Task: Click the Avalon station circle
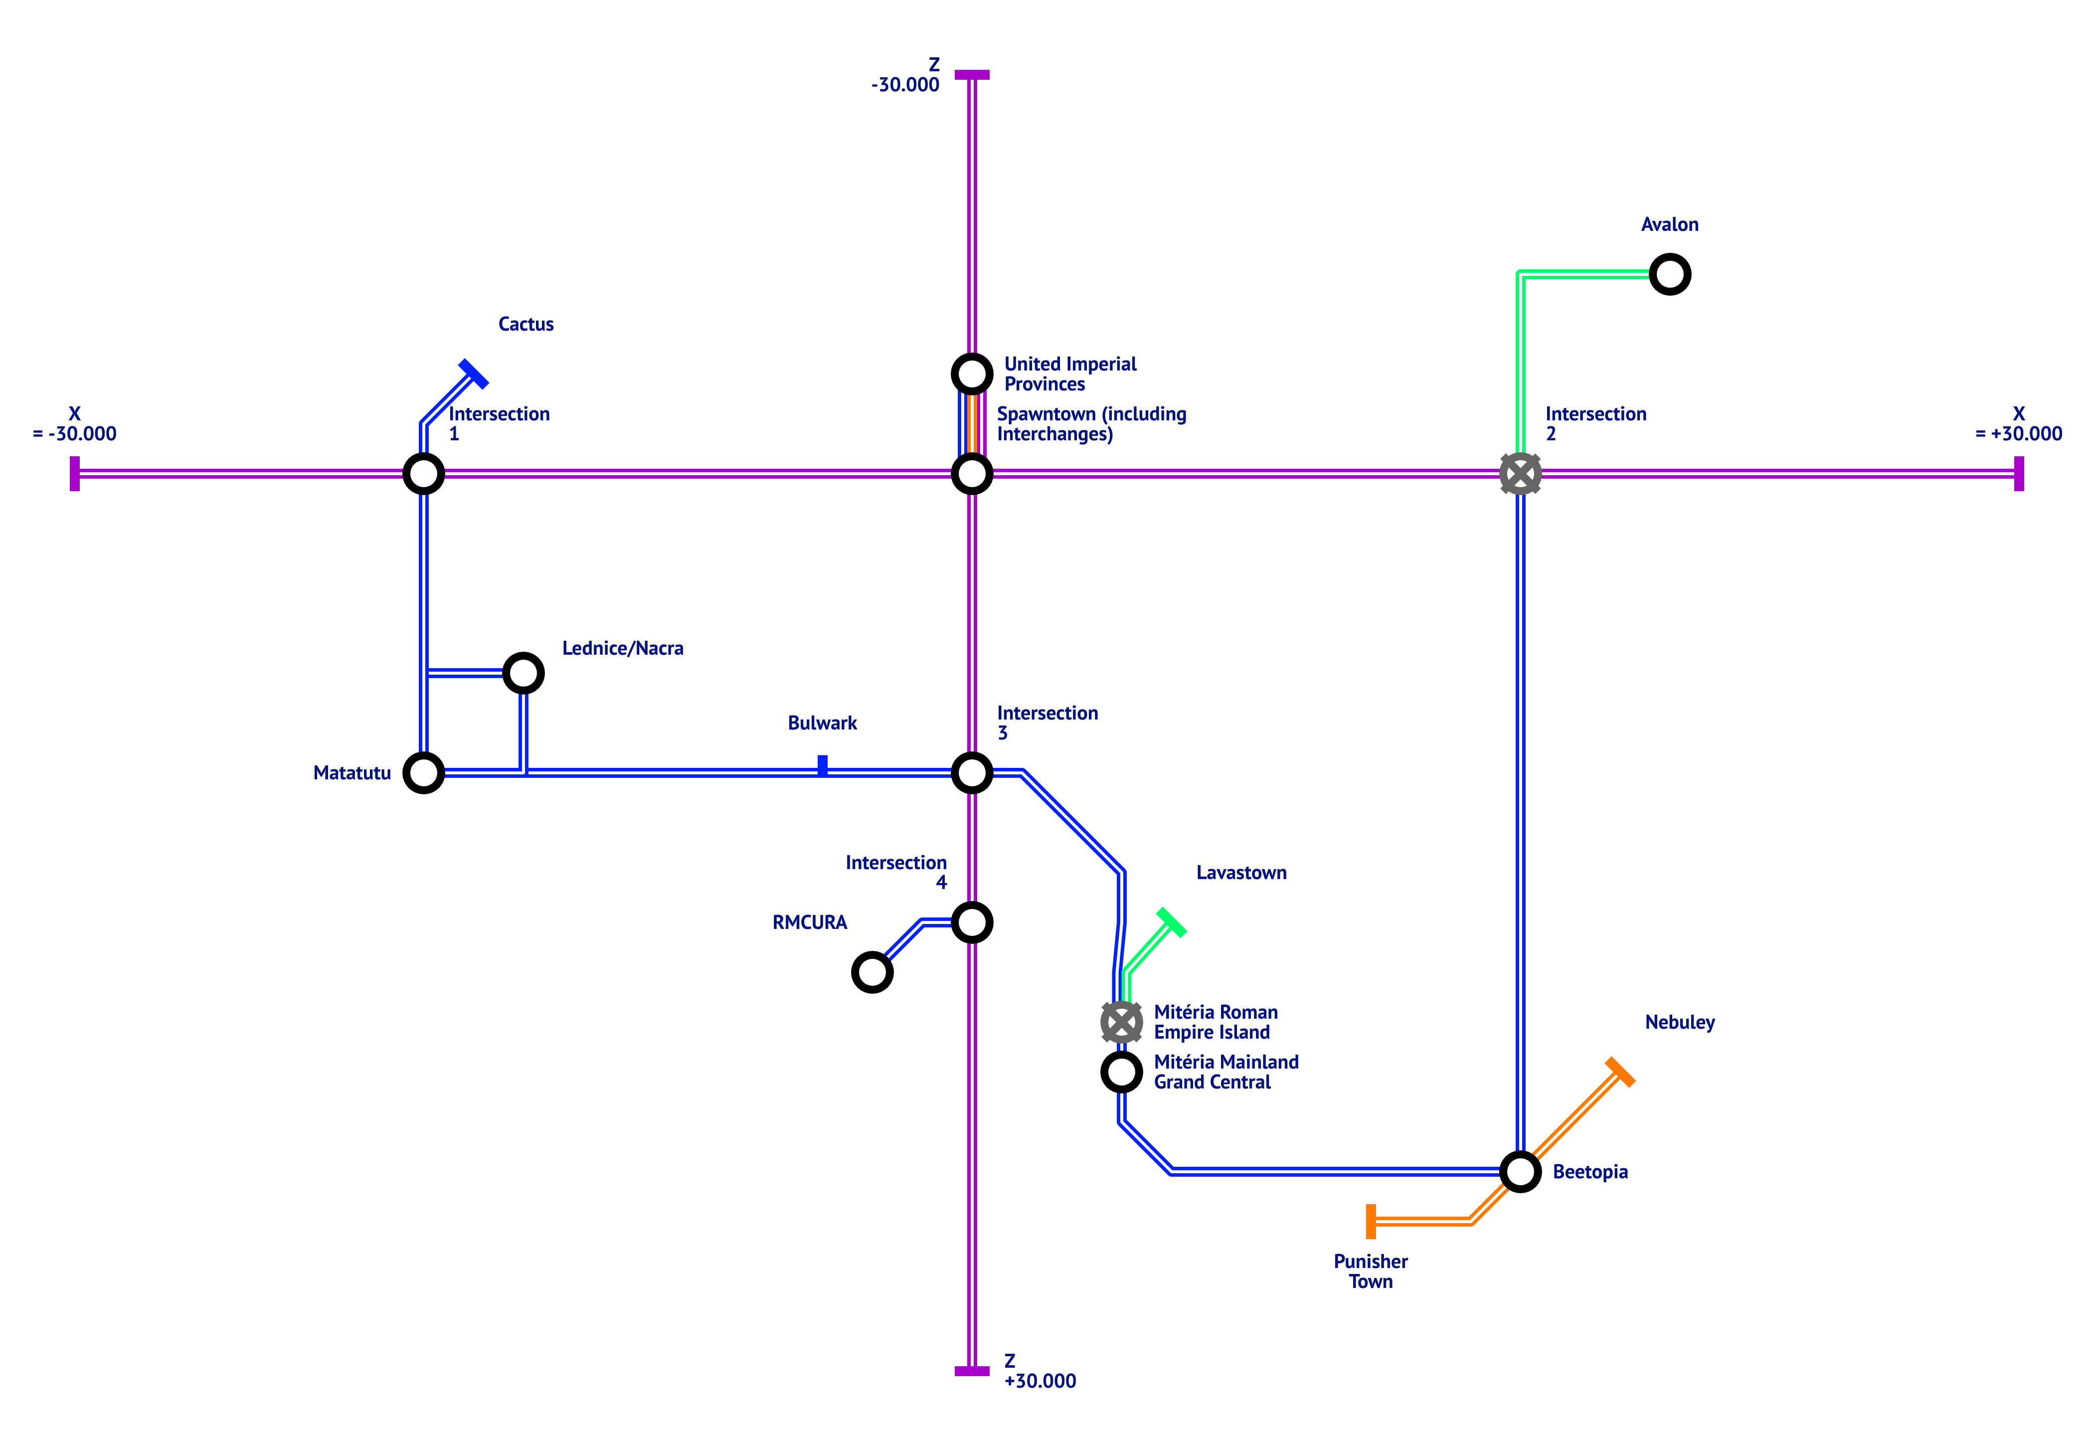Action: (1669, 274)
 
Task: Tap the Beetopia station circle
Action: (1520, 1171)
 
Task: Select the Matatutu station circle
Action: (423, 773)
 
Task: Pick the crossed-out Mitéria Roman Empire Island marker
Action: (1121, 1022)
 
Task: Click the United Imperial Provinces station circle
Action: (972, 373)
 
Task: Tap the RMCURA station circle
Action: (872, 972)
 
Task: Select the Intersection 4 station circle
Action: (972, 922)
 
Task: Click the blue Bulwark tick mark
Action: (822, 765)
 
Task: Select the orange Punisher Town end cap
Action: (1371, 1221)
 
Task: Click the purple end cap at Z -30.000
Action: (972, 74)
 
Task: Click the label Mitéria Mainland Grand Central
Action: (1225, 1072)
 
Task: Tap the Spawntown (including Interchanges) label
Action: (1091, 424)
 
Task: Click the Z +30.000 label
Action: (1040, 1371)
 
